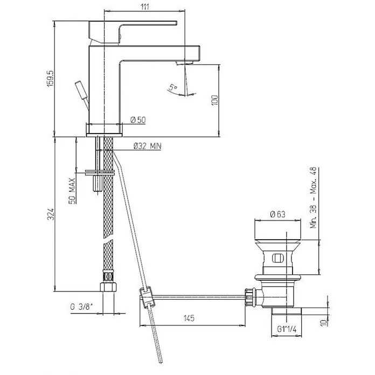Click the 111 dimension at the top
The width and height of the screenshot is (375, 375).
pyautogui.click(x=145, y=6)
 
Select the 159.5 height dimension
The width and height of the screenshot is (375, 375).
pyautogui.click(x=51, y=79)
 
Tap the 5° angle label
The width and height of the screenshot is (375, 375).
pyautogui.click(x=173, y=87)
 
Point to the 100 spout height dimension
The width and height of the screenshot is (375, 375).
pyautogui.click(x=214, y=100)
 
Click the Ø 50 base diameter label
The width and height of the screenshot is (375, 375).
pyautogui.click(x=138, y=120)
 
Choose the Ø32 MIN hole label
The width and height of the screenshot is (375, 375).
pyautogui.click(x=147, y=146)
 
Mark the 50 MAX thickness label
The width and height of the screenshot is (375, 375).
pyautogui.click(x=72, y=191)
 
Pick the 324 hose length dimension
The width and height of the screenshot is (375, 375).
pyautogui.click(x=51, y=214)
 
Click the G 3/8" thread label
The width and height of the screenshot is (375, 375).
pyautogui.click(x=81, y=307)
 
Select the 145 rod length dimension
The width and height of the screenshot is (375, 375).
pyautogui.click(x=189, y=318)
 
